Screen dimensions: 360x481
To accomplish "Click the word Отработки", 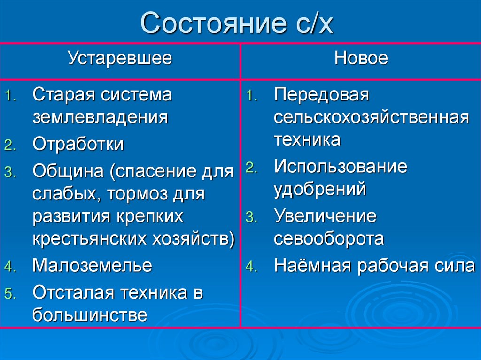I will [78, 145].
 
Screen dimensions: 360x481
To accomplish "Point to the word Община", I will [69, 171].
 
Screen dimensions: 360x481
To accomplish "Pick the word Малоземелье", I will [92, 266].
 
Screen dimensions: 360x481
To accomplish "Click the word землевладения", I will [100, 116].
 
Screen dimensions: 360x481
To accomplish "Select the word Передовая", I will [322, 94].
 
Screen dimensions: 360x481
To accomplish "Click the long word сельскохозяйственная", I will [371, 117].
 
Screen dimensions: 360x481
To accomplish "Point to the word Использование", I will [341, 166].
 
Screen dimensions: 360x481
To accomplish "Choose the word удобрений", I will [320, 189].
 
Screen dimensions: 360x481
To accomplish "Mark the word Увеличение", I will [325, 216].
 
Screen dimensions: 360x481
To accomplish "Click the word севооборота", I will [329, 239].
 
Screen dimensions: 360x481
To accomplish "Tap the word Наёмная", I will [313, 266].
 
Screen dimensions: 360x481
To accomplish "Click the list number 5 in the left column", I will [10, 294].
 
